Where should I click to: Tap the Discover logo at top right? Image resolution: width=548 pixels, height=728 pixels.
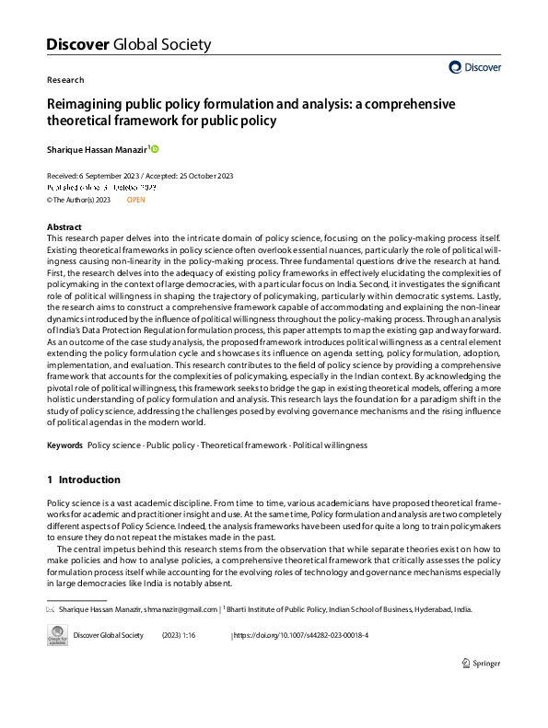pyautogui.click(x=474, y=66)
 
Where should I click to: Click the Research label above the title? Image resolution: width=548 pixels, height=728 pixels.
pyautogui.click(x=64, y=80)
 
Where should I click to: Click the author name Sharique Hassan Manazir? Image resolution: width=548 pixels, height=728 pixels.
pyautogui.click(x=96, y=149)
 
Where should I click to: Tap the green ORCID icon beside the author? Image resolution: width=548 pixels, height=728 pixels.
pyautogui.click(x=155, y=149)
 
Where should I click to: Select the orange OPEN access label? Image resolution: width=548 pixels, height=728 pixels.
pyautogui.click(x=135, y=199)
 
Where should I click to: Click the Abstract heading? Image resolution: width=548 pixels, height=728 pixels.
pyautogui.click(x=64, y=226)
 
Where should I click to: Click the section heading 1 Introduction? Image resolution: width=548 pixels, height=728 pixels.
pyautogui.click(x=83, y=480)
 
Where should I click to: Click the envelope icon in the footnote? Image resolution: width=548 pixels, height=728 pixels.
pyautogui.click(x=51, y=608)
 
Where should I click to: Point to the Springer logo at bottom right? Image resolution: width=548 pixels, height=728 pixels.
pyautogui.click(x=480, y=663)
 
